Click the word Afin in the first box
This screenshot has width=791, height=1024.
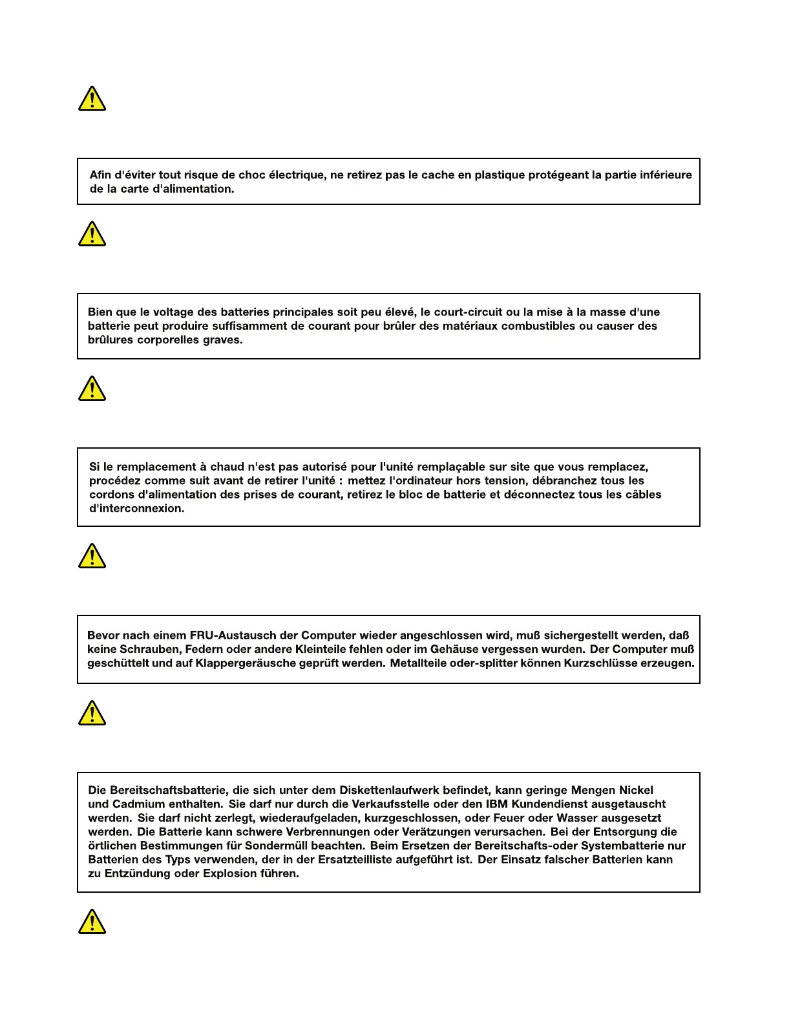[100, 175]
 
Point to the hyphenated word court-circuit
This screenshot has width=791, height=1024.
[468, 312]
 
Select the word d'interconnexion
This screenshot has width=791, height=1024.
[137, 508]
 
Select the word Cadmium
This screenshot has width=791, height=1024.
[139, 804]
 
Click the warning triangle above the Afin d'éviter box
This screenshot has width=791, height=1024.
[92, 99]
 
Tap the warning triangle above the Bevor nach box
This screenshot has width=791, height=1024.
[92, 556]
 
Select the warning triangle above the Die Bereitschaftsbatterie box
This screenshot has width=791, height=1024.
[92, 713]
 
